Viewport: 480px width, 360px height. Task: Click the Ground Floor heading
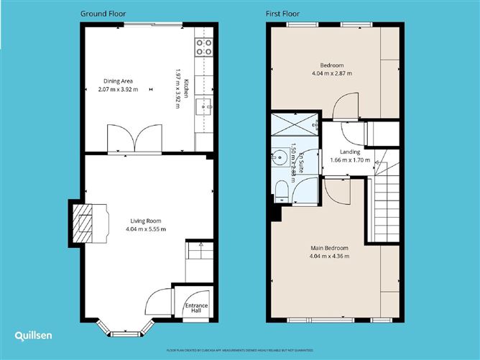104,14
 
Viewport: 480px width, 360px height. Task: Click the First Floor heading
283,14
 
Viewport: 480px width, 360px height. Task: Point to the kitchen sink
204,108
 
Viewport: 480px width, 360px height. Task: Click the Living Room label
146,221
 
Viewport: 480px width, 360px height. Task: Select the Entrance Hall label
196,309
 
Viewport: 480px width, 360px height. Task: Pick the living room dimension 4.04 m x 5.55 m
146,230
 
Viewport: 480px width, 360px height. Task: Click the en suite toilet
282,189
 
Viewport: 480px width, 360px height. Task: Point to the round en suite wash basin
278,155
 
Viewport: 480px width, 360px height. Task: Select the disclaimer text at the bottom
240,350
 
